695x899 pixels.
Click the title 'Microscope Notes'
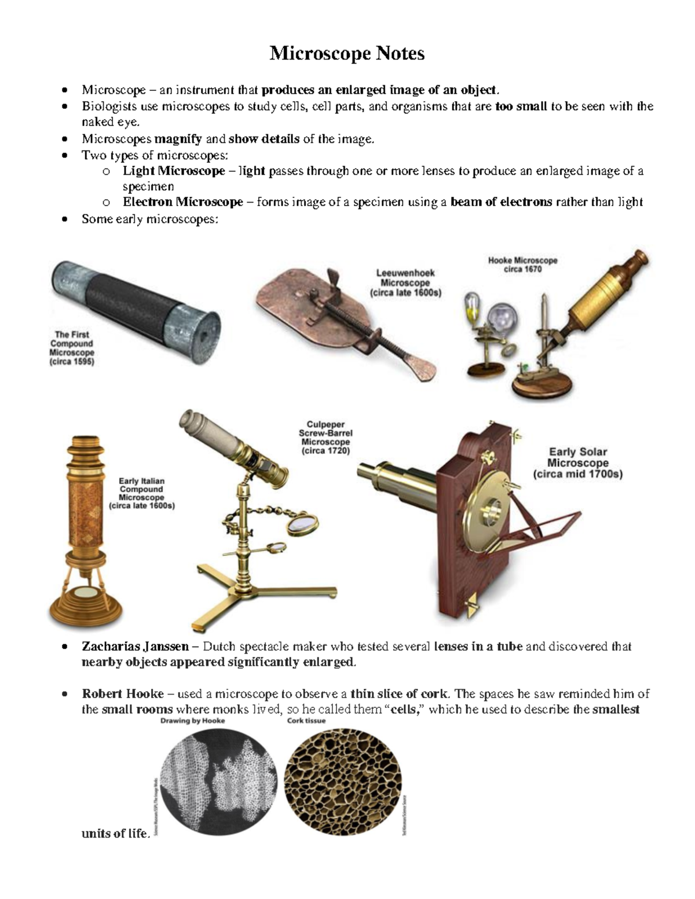tap(347, 54)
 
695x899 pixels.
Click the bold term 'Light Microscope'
tap(174, 171)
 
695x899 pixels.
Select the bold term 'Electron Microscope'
tap(183, 202)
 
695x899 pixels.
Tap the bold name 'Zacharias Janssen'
tap(135, 646)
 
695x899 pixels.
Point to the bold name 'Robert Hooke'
tap(123, 693)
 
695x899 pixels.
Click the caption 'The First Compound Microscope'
tap(72, 348)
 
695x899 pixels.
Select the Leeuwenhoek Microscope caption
tap(405, 282)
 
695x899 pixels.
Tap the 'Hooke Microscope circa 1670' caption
tap(522, 265)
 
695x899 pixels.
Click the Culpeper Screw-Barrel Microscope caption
tap(325, 438)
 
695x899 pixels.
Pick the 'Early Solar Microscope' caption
tap(577, 463)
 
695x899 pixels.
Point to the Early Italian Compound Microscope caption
tap(142, 493)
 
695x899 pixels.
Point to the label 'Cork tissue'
tap(306, 721)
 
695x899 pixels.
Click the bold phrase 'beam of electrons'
tap(501, 202)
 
